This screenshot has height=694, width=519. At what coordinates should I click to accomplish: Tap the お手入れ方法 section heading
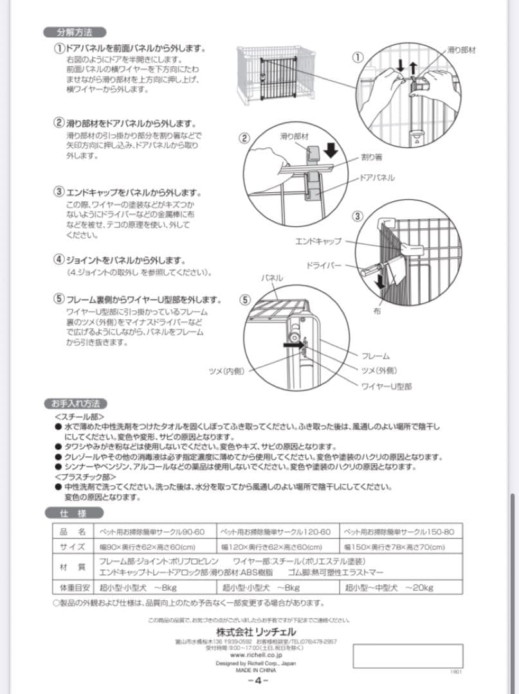[x=75, y=404]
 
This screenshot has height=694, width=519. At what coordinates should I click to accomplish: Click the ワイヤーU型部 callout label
[x=386, y=386]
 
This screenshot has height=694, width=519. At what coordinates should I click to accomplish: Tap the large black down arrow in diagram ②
[x=331, y=150]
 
